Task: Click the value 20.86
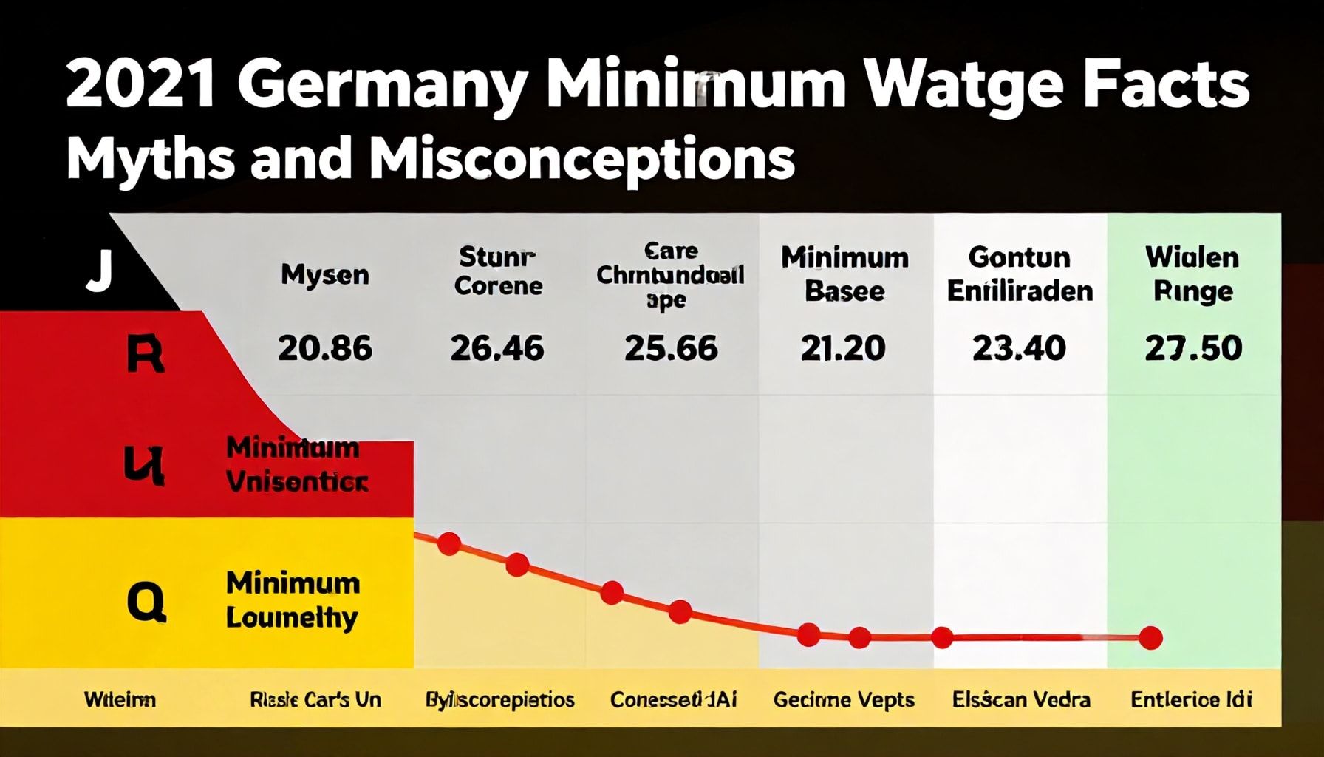click(x=325, y=348)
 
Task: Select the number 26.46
click(x=497, y=348)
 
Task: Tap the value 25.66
click(x=671, y=348)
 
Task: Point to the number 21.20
click(x=843, y=348)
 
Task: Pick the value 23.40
click(x=1019, y=348)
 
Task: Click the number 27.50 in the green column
click(x=1193, y=348)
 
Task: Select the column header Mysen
click(x=324, y=275)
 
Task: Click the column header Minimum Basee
click(x=844, y=274)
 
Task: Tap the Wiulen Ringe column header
click(x=1192, y=274)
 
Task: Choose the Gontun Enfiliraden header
click(x=1020, y=274)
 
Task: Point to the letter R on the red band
click(x=145, y=355)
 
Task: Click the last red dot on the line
click(x=1150, y=637)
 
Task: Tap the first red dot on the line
click(x=449, y=544)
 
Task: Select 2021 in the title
click(x=141, y=87)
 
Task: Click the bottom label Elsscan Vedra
click(x=1020, y=699)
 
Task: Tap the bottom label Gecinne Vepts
click(x=844, y=699)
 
